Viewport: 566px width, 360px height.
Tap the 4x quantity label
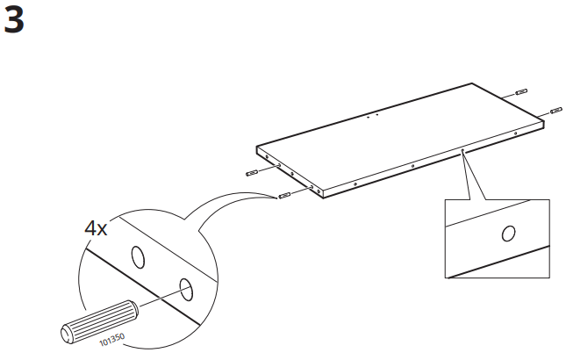pyautogui.click(x=96, y=229)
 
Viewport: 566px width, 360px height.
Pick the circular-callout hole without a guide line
pyautogui.click(x=138, y=256)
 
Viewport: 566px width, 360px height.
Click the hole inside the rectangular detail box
pyautogui.click(x=507, y=234)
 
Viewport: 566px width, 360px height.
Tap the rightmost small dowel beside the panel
pyautogui.click(x=555, y=111)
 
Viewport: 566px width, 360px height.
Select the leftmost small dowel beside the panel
pyautogui.click(x=254, y=172)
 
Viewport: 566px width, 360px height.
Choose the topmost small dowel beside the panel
pyautogui.click(x=520, y=91)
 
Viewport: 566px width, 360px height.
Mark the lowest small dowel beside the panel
pyautogui.click(x=283, y=195)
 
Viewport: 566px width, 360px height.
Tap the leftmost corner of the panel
pyautogui.click(x=256, y=147)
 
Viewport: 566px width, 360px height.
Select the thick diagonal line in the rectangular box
pyautogui.click(x=501, y=262)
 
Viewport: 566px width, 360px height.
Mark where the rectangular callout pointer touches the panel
pyautogui.click(x=462, y=150)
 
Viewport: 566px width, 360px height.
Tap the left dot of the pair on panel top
pyautogui.click(x=369, y=115)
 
